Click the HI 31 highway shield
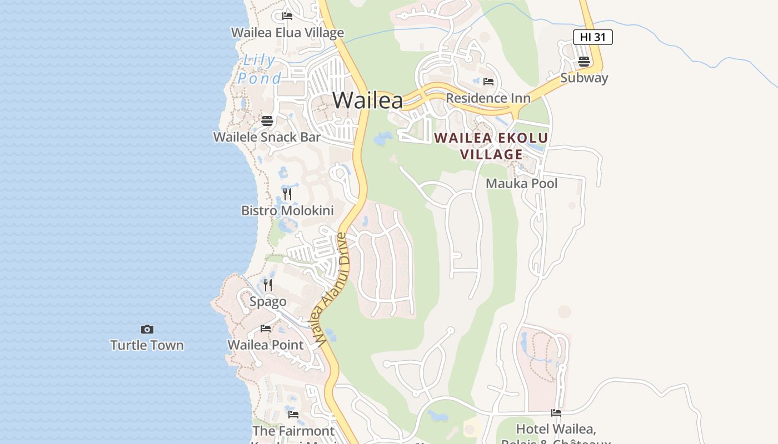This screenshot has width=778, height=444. click(x=592, y=37)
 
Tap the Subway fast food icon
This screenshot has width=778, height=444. click(x=583, y=62)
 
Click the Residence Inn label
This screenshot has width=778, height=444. click(x=488, y=98)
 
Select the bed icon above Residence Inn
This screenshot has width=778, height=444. click(x=488, y=82)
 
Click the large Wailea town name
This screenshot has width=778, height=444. click(x=367, y=100)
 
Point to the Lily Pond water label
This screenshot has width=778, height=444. click(x=260, y=69)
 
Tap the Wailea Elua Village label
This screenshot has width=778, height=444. click(x=287, y=33)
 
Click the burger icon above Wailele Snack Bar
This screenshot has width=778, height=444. click(x=267, y=120)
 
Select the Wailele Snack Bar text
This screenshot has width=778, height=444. click(x=267, y=137)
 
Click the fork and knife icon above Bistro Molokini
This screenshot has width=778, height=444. click(x=287, y=194)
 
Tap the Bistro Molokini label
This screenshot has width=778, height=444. click(x=287, y=210)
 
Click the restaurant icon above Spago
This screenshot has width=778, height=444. click(x=268, y=285)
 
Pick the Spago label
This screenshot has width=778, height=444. click(x=268, y=301)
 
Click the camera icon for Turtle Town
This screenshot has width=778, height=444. click(x=147, y=329)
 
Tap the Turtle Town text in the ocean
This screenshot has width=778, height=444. click(x=147, y=345)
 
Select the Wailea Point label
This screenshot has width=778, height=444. click(x=266, y=345)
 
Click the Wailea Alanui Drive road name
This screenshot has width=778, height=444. click(x=328, y=289)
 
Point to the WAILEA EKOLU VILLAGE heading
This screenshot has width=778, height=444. click(x=491, y=146)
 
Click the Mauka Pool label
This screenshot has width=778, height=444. click(x=521, y=183)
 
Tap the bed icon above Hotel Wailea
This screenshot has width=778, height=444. click(x=556, y=412)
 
